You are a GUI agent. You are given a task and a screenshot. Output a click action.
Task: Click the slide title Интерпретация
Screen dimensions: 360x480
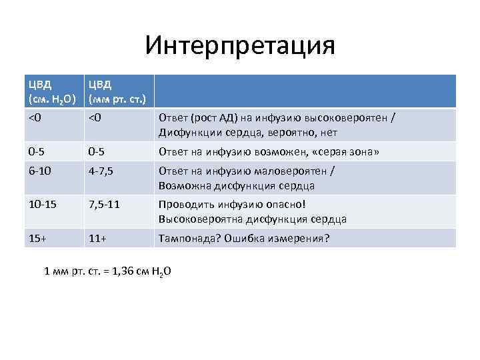pyautogui.click(x=240, y=46)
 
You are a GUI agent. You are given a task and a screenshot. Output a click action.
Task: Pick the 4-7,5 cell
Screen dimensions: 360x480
pyautogui.click(x=101, y=171)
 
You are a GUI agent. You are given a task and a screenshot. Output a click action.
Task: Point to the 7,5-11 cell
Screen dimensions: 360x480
pyautogui.click(x=105, y=205)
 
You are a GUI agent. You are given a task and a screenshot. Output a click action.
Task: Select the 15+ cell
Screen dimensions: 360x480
pyautogui.click(x=37, y=238)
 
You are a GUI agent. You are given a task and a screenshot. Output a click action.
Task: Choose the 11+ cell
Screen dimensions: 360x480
pyautogui.click(x=99, y=238)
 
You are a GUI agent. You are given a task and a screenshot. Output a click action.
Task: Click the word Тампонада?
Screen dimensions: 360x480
pyautogui.click(x=186, y=238)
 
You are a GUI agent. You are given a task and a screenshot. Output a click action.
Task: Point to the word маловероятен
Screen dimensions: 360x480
pyautogui.click(x=295, y=171)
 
